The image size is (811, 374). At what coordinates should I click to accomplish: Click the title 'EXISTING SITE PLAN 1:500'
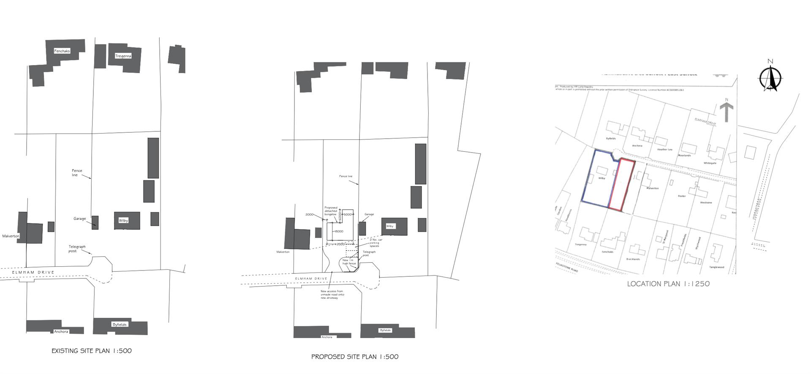coord(92,351)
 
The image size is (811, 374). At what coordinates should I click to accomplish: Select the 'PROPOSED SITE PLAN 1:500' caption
coord(355,357)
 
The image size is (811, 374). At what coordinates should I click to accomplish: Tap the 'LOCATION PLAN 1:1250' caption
coord(668,284)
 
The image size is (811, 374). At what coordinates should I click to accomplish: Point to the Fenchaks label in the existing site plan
coord(62,51)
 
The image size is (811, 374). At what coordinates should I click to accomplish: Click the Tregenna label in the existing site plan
coord(123,56)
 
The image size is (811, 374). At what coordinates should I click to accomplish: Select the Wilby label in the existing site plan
coord(123,221)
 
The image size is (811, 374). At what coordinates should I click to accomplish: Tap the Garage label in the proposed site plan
coord(369,214)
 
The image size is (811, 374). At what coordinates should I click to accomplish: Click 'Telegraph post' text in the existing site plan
coord(77,249)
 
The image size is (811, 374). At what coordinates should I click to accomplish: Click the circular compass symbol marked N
coord(770,78)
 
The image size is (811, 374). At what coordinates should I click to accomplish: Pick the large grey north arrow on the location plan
coord(727,111)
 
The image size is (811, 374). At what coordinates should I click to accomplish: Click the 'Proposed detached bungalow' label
coord(331,211)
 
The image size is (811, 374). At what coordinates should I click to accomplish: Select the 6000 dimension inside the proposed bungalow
coord(339,231)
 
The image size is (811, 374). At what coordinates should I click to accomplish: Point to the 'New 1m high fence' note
coord(349,262)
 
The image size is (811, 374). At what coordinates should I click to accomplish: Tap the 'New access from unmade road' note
coord(332,294)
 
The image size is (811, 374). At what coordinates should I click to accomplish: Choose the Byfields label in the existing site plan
coord(120,325)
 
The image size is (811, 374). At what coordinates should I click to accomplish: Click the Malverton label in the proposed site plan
coord(283,252)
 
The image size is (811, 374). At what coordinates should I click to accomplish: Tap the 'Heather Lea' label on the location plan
coord(664,150)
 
